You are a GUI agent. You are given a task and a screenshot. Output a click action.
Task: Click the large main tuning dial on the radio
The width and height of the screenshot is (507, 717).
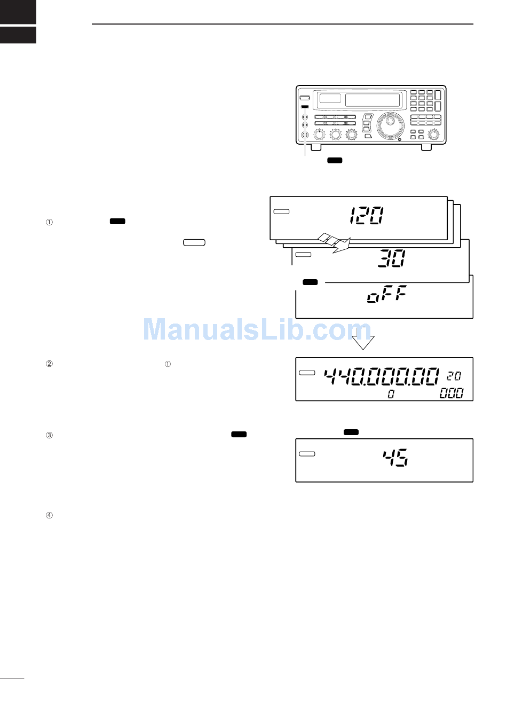pos(390,125)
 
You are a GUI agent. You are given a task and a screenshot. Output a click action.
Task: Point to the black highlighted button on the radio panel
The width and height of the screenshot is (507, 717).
pos(305,107)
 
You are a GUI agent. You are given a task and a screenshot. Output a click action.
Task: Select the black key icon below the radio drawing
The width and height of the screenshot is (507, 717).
pos(335,160)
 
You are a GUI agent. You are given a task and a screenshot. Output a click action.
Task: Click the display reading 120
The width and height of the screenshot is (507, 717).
pos(366,216)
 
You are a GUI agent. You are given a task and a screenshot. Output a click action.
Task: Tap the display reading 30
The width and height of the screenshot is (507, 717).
pos(392,258)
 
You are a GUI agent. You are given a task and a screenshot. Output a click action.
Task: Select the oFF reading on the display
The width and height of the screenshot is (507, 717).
pos(387,294)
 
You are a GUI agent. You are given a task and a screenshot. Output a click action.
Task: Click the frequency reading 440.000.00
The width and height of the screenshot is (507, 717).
pos(382,376)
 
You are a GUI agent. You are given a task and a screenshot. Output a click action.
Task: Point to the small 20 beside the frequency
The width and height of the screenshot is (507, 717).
pos(454,376)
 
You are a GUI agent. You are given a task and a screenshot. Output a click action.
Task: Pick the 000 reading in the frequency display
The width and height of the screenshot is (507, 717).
pos(451,393)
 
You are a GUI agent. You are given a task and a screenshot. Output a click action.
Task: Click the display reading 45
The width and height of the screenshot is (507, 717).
pos(395,458)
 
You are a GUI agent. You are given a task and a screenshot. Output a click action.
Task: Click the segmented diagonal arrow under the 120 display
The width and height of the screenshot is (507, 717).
pos(334,243)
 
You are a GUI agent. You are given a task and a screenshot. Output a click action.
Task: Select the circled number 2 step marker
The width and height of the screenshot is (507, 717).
pos(49,364)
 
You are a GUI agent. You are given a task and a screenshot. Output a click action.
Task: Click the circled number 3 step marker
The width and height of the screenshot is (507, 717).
pos(49,435)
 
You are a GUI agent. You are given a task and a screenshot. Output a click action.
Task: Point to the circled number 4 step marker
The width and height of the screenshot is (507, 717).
pos(49,515)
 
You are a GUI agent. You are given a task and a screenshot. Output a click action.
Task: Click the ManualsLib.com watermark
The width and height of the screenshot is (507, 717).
pos(257,330)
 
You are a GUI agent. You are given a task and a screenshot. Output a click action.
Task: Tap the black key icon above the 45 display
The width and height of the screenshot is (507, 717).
pos(351,432)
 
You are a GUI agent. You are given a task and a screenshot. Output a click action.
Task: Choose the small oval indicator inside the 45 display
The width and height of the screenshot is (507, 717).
pos(307,454)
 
